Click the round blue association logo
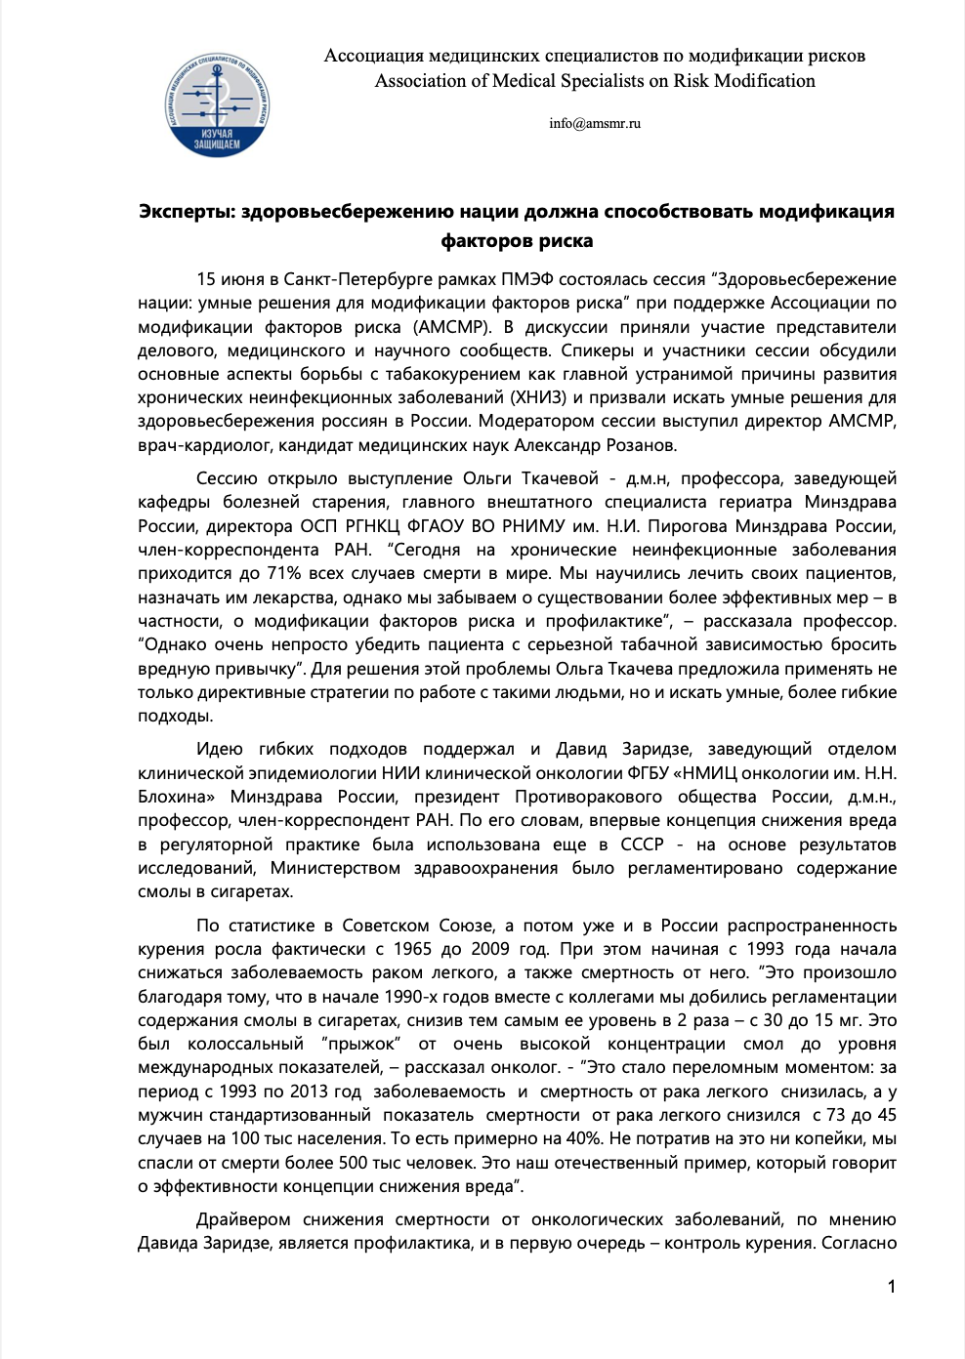pos(217,105)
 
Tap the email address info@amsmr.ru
pos(595,123)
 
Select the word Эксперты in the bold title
pos(186,211)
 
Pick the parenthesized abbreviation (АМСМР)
pos(450,327)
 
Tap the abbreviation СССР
pos(642,844)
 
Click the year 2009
pos(490,949)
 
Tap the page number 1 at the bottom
pos(892,1287)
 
